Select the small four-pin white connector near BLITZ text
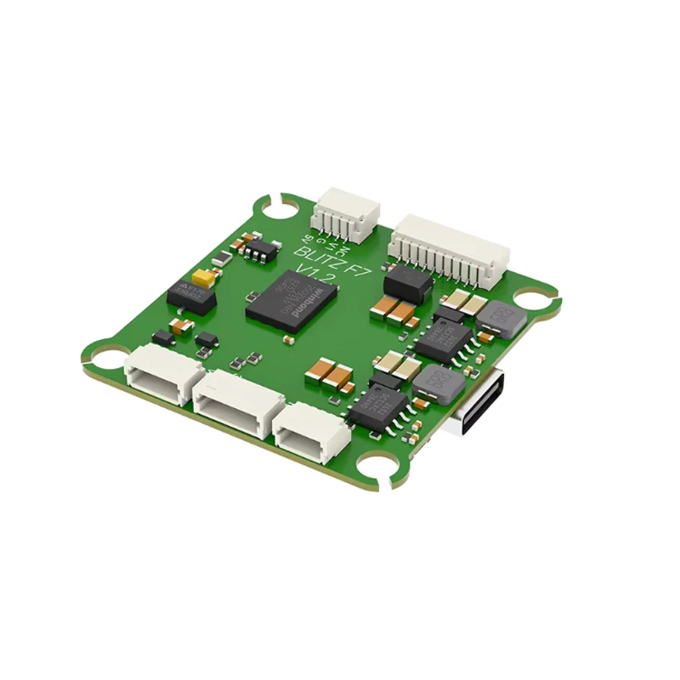345,217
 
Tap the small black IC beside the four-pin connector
259,246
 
